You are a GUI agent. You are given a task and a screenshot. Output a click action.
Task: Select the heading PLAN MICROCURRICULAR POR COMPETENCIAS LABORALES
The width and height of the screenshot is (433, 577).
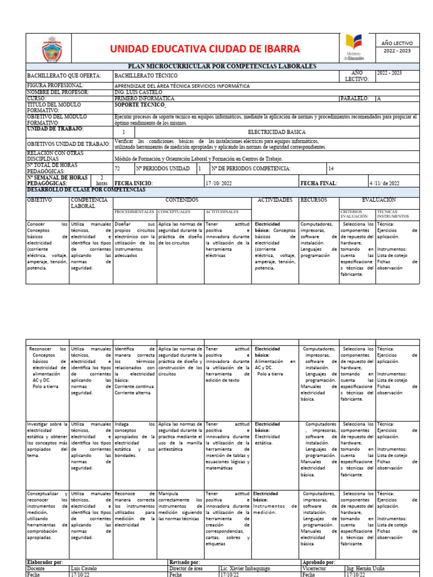223,66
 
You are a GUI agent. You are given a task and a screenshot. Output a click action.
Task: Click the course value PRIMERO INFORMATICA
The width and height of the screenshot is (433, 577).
144,98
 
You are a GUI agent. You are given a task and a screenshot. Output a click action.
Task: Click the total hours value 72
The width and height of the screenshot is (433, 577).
117,168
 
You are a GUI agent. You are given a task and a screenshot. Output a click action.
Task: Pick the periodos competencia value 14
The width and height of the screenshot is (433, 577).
331,168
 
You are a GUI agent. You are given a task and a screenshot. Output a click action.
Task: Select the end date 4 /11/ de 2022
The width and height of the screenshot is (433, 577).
385,183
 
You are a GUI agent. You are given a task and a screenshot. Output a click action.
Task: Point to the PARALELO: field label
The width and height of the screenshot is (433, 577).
356,98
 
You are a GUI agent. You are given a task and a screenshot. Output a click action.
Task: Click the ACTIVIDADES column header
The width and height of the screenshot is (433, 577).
275,200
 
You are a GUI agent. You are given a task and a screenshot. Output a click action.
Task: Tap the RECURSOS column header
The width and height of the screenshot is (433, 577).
313,200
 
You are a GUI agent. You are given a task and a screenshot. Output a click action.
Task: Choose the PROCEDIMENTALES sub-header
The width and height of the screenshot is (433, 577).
134,212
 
